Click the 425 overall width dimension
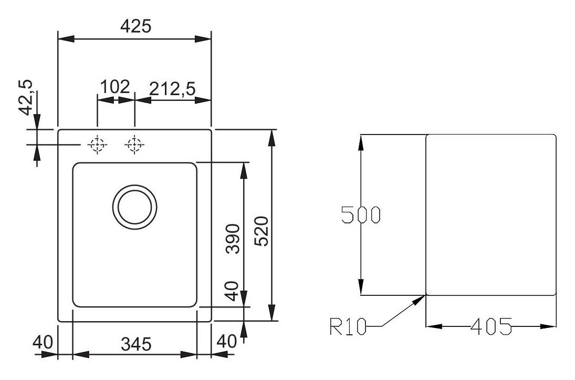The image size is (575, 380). pyautogui.click(x=135, y=26)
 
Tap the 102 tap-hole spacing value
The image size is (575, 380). pyautogui.click(x=115, y=87)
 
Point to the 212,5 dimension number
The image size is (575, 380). pyautogui.click(x=172, y=88)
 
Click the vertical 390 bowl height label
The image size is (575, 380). pyautogui.click(x=233, y=239)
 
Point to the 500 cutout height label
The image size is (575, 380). pyautogui.click(x=360, y=215)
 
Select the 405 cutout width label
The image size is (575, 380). pyautogui.click(x=491, y=327)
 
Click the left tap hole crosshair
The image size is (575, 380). pyautogui.click(x=97, y=145)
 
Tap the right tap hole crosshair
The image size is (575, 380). pyautogui.click(x=134, y=145)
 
